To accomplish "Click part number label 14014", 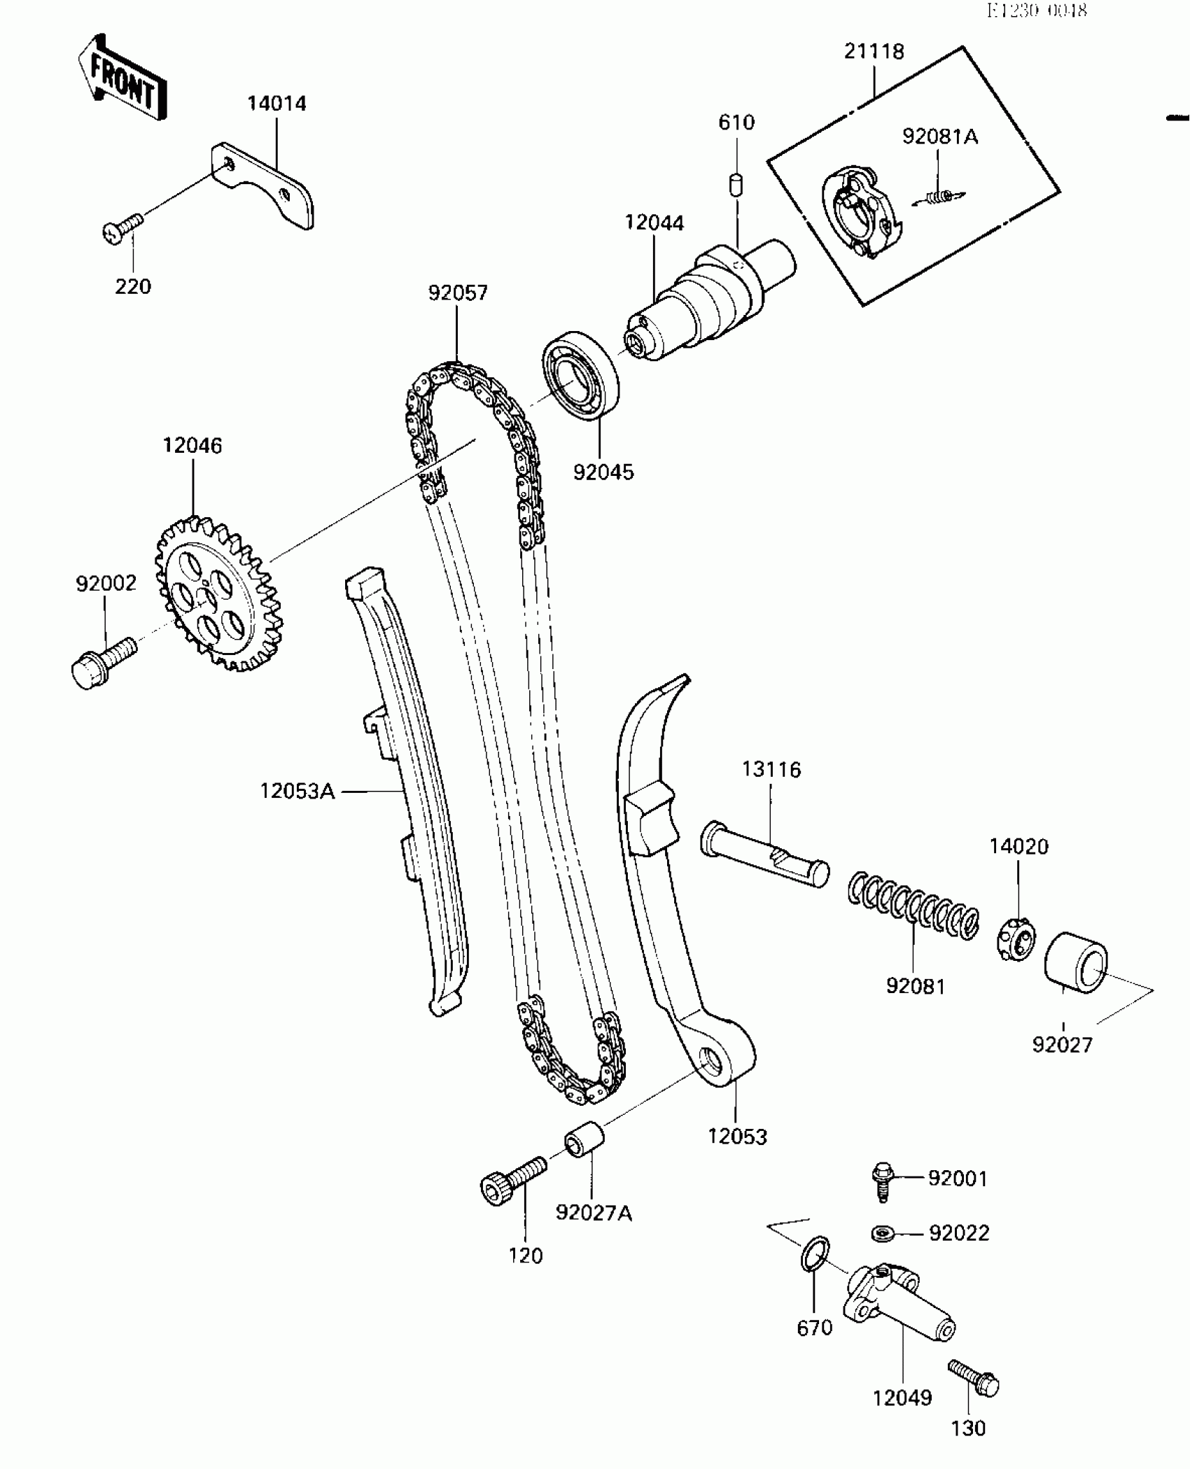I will [276, 104].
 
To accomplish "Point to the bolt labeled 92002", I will [103, 661].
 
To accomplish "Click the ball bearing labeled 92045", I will [580, 376].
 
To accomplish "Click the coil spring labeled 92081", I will [914, 904].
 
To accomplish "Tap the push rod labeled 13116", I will [764, 852].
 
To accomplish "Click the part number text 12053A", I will [297, 792].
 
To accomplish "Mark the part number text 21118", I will [874, 51].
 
